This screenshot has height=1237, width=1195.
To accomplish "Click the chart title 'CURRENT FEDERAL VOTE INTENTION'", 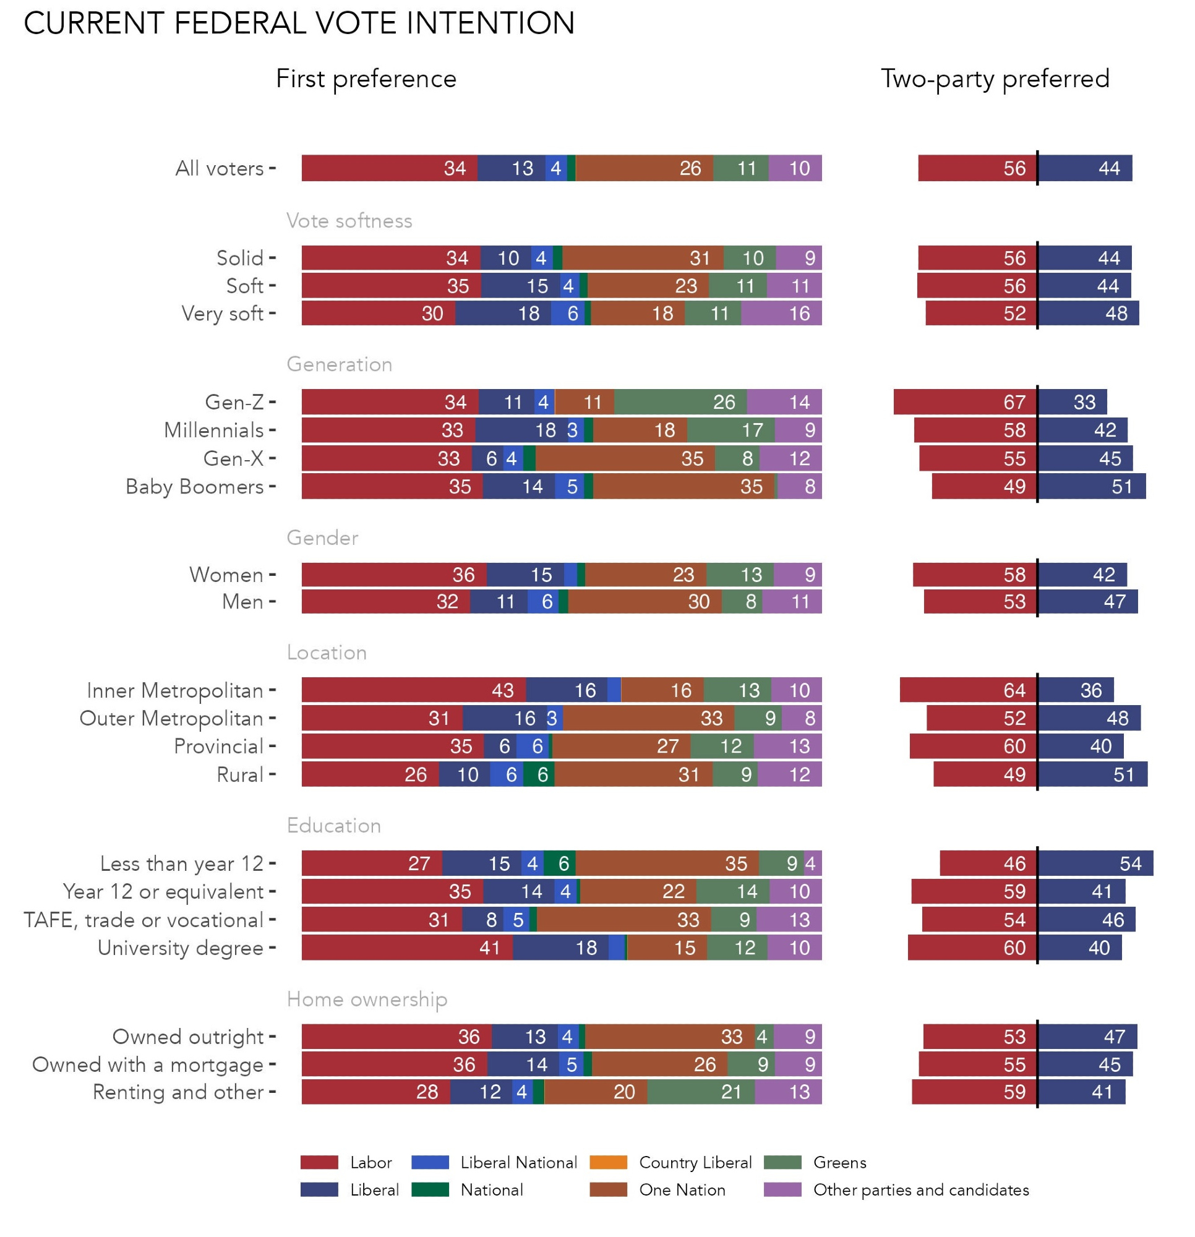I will coord(299,24).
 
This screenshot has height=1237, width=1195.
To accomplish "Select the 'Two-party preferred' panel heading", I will coord(994,79).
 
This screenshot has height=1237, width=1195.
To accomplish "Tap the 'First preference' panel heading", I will coord(366,79).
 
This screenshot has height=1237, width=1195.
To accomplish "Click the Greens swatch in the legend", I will coord(782,1162).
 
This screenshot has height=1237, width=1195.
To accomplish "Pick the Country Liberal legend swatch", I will coord(608,1162).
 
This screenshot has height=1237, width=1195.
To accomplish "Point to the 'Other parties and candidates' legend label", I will coord(920,1189).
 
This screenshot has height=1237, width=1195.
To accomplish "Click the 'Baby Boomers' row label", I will coord(194,487).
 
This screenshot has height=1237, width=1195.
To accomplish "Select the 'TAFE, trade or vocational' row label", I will coord(143,920).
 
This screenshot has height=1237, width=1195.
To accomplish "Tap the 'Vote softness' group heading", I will coord(349,220).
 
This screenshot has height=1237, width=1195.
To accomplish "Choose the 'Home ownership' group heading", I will coord(367,999).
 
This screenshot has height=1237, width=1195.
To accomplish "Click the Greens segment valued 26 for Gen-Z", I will coord(680,402).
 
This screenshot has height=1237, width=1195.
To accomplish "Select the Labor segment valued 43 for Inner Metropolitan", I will coord(413,690).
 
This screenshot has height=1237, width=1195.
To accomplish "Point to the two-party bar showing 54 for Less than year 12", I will coord(1095,863).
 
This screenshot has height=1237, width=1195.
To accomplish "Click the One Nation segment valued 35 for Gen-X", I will coord(625,458).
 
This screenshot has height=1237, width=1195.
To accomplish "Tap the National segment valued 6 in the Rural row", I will coord(539,774).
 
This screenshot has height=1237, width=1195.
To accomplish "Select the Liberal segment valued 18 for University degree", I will coord(560,948).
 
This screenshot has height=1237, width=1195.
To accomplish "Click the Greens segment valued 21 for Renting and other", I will coord(701,1092).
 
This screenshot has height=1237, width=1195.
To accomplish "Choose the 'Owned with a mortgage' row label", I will coord(148,1064).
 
